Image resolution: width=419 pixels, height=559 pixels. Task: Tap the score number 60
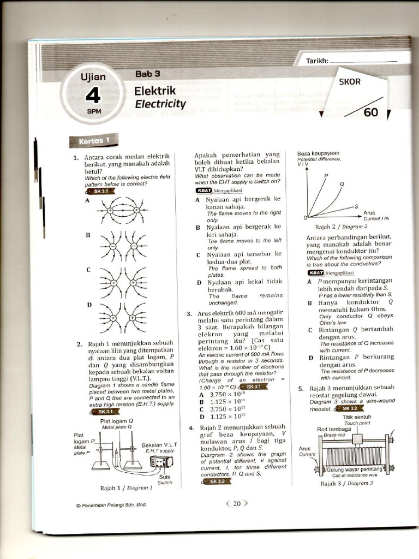[x=370, y=112]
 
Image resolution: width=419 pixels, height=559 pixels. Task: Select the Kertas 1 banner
[x=94, y=141]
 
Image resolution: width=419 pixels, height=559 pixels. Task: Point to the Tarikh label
[x=316, y=61]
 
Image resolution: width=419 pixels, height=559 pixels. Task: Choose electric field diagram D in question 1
[x=123, y=317]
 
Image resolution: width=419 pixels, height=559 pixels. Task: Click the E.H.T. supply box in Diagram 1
[x=161, y=462]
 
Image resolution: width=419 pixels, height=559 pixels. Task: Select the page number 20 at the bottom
[x=237, y=504]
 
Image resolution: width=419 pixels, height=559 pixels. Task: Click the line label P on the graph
[x=326, y=175]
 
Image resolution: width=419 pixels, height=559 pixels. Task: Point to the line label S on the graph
[x=356, y=206]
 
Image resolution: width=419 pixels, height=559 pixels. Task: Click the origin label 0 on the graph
[x=306, y=218]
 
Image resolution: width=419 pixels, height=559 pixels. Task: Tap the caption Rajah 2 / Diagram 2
[x=341, y=226]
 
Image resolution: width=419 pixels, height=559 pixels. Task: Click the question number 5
[x=301, y=389]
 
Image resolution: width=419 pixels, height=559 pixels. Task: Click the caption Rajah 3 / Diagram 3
[x=346, y=483]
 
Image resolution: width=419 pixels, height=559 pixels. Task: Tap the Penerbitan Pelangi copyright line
[x=111, y=504]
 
